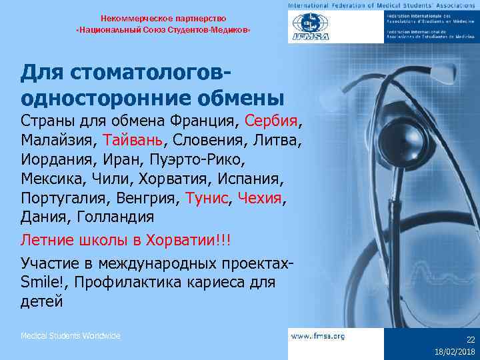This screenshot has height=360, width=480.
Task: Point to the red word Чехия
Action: tap(260, 198)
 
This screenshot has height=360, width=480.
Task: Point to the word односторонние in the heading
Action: tap(93, 97)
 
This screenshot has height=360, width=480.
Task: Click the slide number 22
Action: tap(470, 339)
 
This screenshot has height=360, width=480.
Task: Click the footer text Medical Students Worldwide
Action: tap(71, 336)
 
